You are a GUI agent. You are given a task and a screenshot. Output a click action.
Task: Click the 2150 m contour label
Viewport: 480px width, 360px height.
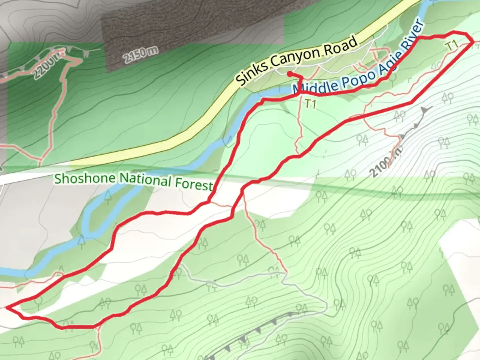pyautogui.click(x=140, y=55)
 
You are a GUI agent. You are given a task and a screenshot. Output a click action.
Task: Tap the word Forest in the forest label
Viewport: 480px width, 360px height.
pyautogui.click(x=193, y=183)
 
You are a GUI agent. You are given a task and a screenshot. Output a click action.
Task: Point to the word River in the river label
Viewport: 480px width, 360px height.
pyautogui.click(x=413, y=37)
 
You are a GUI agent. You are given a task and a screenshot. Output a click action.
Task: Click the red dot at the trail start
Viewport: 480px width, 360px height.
pyautogui.click(x=290, y=73)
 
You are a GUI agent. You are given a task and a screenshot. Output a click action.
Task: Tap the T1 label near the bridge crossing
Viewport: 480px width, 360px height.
pyautogui.click(x=310, y=104)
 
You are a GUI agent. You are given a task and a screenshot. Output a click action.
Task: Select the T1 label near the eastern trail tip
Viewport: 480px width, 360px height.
pyautogui.click(x=452, y=45)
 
